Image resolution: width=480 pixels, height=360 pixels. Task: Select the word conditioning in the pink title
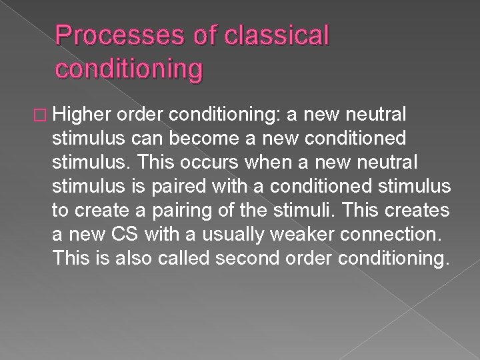tap(128, 67)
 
